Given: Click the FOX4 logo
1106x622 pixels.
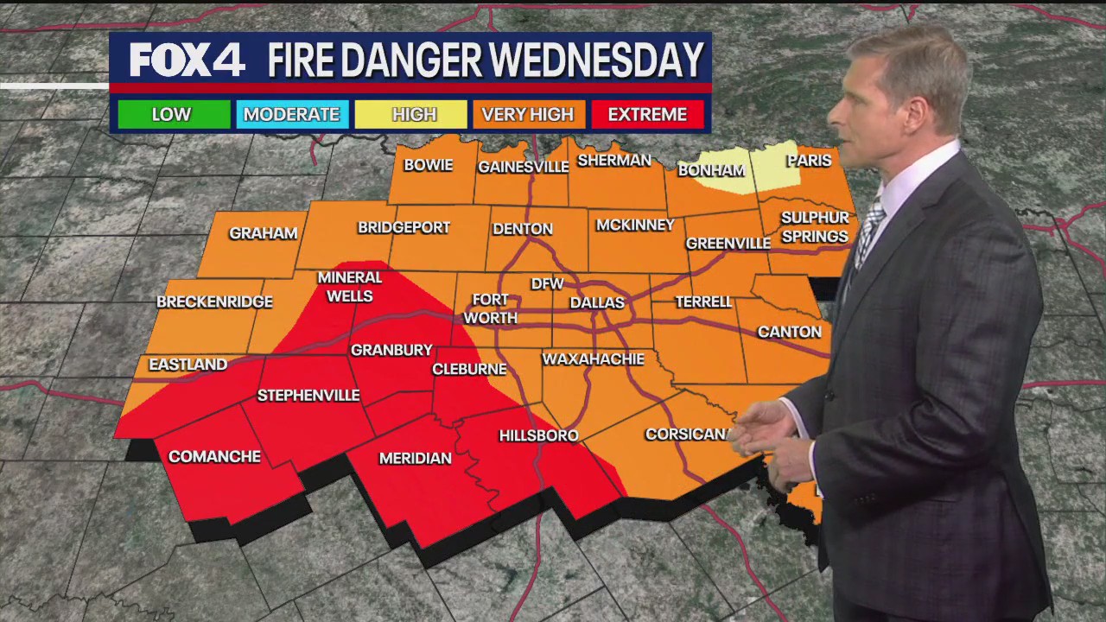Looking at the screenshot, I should click(187, 60).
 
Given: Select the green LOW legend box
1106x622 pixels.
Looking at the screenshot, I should click(172, 114).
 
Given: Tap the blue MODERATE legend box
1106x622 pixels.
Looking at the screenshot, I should click(291, 114).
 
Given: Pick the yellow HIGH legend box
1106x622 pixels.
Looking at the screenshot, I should click(414, 114).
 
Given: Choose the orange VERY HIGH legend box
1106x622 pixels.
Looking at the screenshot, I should click(527, 114).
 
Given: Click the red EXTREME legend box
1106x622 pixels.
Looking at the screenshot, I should click(647, 114).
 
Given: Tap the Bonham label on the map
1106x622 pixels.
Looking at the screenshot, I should click(711, 170).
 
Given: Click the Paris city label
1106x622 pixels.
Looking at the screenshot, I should click(809, 161).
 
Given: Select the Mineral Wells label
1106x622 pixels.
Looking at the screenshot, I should click(350, 287).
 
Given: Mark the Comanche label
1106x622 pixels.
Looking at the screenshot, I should click(214, 456).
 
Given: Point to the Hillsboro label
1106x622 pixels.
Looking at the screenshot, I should click(538, 435).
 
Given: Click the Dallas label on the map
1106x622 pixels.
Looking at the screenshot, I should click(596, 302).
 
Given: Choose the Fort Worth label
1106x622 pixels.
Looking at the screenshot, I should click(490, 308).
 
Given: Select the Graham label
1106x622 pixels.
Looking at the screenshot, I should click(263, 233).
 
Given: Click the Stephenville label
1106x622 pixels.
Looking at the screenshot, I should click(308, 396).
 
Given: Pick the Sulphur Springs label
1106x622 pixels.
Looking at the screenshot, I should click(814, 227).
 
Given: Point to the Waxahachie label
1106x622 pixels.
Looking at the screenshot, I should click(593, 359).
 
